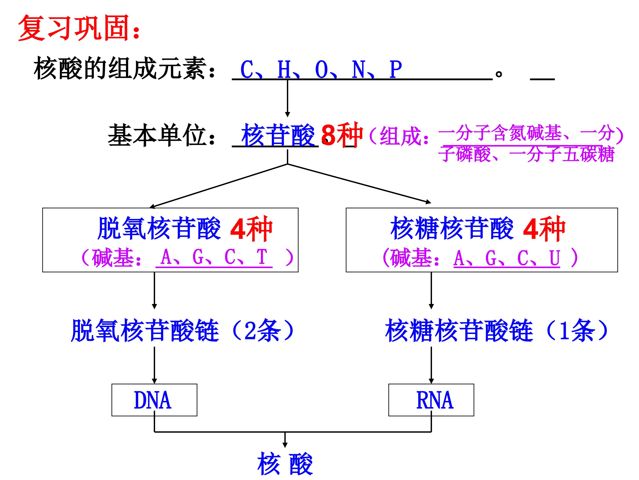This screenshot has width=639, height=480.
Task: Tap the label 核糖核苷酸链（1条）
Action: click(497, 330)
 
